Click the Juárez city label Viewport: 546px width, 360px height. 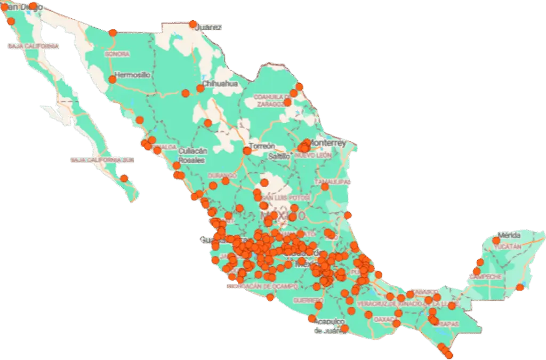[x=208, y=27]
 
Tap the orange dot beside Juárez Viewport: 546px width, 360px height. [x=193, y=24]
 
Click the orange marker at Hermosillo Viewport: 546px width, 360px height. [x=113, y=79]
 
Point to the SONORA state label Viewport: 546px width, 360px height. [x=117, y=54]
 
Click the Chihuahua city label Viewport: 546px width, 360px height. [x=220, y=84]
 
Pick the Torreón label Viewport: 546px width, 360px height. [x=262, y=146]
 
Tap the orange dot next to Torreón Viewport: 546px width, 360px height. [x=247, y=151]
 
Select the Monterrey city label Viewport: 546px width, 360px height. [x=328, y=143]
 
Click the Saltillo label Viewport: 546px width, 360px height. [x=279, y=157]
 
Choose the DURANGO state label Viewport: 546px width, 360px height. [x=222, y=175]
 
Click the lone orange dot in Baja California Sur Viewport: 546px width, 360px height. [x=124, y=179]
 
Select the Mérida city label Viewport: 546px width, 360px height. [x=508, y=235]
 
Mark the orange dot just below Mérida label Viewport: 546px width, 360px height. [x=496, y=241]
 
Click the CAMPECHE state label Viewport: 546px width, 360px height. [x=486, y=277]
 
